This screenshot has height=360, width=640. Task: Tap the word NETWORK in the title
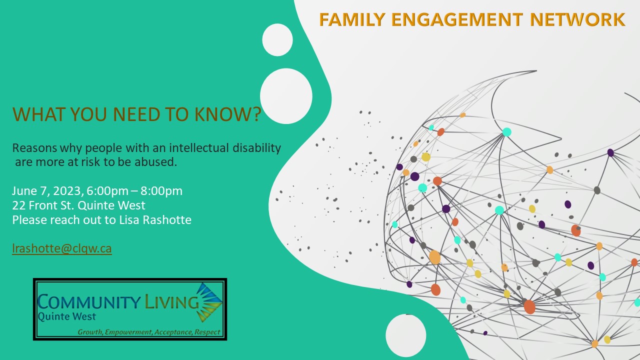click(x=577, y=19)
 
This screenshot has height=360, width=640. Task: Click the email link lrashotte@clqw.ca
click(x=61, y=248)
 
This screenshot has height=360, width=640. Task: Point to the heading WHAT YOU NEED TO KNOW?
click(x=137, y=114)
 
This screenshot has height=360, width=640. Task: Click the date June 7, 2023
click(x=47, y=191)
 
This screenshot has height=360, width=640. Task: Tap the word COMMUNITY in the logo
click(x=88, y=301)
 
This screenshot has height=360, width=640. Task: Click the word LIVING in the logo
click(x=171, y=301)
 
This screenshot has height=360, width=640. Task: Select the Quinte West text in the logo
click(x=66, y=317)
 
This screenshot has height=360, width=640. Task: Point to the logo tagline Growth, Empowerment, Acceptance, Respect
click(x=149, y=332)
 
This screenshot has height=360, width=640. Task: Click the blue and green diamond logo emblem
click(x=209, y=302)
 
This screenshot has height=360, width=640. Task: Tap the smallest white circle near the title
click(x=277, y=39)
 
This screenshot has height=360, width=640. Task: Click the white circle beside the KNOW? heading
click(x=286, y=96)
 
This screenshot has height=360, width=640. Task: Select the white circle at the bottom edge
click(x=405, y=335)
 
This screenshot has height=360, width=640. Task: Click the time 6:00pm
click(x=107, y=191)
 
